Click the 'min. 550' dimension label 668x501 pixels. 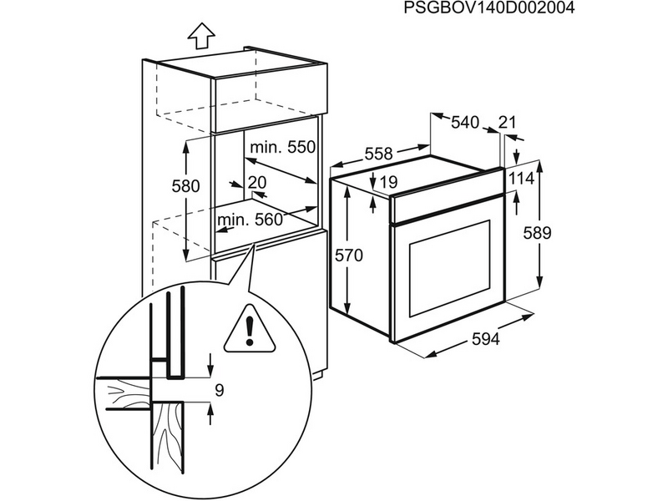281,147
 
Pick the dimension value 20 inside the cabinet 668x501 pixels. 256,181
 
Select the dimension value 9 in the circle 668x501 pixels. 219,389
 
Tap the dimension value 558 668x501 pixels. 378,154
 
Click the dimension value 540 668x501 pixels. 464,123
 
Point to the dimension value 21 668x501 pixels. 507,123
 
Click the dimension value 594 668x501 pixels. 484,339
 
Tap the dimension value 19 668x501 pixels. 388,182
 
